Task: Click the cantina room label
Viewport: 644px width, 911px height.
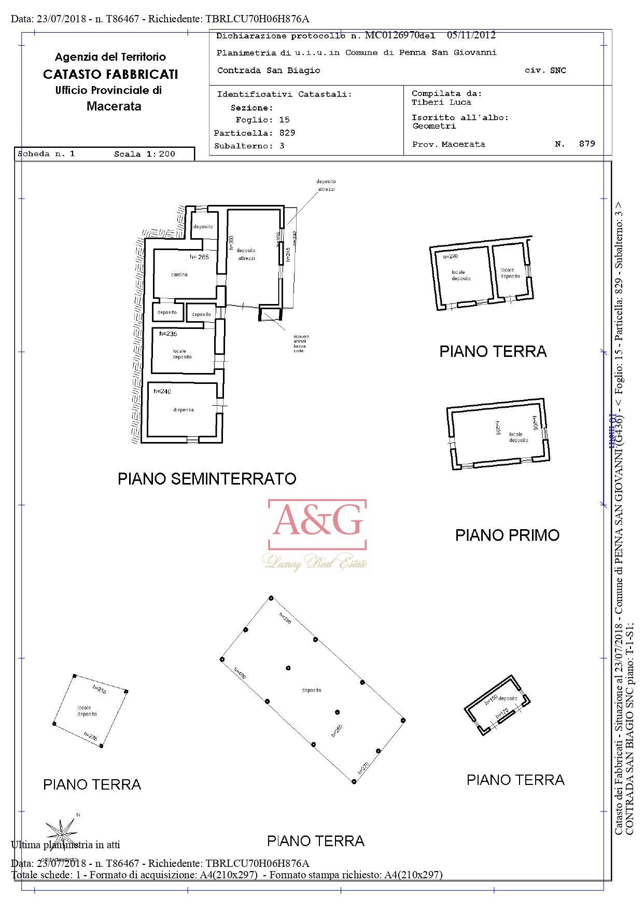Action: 179,274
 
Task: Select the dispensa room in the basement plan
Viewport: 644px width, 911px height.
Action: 183,410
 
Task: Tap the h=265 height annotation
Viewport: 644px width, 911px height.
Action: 199,257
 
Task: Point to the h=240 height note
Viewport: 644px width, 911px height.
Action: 162,392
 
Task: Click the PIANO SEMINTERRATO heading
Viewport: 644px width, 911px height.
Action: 207,478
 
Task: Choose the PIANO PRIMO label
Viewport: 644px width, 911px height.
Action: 507,535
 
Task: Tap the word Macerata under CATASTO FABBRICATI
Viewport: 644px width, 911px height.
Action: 114,106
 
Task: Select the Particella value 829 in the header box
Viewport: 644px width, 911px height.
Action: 287,133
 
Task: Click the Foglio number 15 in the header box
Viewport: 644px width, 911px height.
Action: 284,120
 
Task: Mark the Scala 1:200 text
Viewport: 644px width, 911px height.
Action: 145,154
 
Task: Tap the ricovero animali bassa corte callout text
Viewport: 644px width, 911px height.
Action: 301,344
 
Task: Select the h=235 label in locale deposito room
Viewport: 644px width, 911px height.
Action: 169,334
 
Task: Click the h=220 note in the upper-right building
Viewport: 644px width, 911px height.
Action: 450,257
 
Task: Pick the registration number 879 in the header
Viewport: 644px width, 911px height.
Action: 587,144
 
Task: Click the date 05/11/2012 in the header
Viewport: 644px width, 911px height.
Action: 471,35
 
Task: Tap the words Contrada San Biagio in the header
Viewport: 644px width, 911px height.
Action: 269,71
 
